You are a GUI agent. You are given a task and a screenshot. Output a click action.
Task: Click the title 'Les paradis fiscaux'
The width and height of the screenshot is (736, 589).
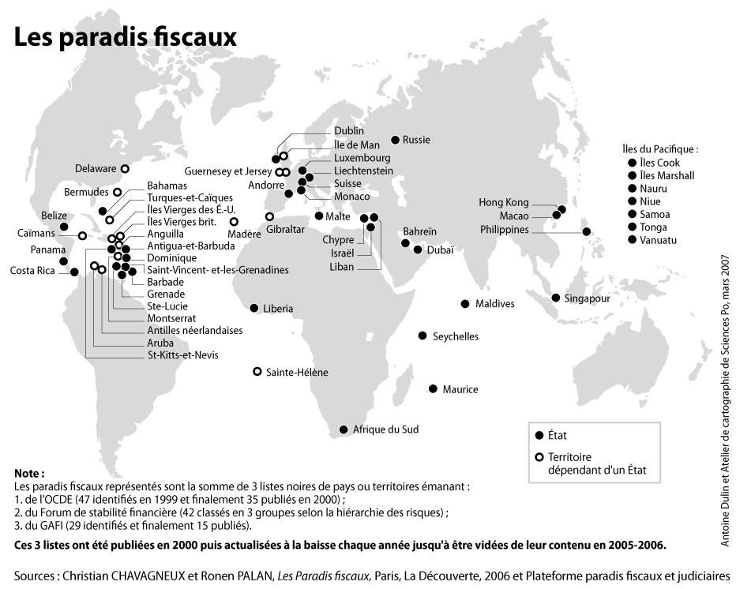(x=126, y=36)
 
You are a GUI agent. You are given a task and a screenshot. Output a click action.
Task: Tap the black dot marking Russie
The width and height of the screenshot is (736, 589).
(x=395, y=140)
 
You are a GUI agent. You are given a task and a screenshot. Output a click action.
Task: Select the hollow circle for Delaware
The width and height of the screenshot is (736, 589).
(x=125, y=168)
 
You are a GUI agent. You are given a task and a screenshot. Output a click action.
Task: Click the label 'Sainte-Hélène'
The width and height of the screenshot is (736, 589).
(x=297, y=372)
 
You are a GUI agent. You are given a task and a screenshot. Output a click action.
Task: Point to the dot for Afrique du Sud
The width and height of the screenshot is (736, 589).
(x=343, y=430)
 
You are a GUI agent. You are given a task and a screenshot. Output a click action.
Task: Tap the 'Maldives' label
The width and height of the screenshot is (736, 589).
(x=494, y=304)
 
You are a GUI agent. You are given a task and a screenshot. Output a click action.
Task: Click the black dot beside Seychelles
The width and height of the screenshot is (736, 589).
(x=422, y=336)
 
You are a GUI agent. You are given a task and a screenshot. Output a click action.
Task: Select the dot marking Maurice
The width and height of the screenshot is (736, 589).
(x=433, y=388)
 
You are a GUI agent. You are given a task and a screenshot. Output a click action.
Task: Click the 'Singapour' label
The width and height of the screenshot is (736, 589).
(x=587, y=298)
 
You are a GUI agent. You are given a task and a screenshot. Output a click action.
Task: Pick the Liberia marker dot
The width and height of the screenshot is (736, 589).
(x=254, y=308)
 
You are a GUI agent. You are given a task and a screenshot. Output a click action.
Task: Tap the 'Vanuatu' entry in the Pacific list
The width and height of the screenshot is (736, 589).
(x=659, y=240)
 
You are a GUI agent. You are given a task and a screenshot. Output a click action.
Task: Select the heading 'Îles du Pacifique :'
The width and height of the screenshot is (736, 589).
(x=660, y=148)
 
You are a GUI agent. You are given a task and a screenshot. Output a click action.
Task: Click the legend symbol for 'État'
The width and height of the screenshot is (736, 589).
(x=539, y=435)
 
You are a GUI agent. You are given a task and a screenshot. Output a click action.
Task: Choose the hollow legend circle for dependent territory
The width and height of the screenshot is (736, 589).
(x=539, y=457)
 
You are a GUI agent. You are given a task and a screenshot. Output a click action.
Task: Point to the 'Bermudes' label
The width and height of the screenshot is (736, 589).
(x=87, y=193)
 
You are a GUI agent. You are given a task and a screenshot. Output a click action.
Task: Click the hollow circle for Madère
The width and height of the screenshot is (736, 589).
(x=234, y=221)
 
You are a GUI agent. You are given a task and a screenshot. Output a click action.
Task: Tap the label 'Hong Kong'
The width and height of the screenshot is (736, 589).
(x=504, y=203)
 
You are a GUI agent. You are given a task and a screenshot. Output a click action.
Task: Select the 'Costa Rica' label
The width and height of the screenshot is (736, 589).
(x=32, y=271)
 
